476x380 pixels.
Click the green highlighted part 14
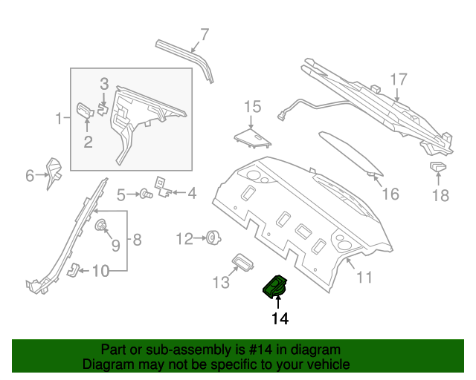coord(274,286)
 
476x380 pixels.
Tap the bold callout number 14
coord(280,319)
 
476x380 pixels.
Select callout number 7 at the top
coord(205,35)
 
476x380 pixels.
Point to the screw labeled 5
coord(146,194)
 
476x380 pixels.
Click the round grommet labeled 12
coord(213,237)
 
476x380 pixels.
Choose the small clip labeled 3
coord(103,109)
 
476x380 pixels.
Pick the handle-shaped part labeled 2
coord(85,110)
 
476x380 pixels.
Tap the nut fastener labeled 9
coord(100,225)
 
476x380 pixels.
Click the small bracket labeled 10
coord(73,269)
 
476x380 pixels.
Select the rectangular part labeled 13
coord(242,261)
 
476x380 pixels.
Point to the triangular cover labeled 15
coord(252,139)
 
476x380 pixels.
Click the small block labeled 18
coord(438,167)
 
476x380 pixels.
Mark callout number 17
coord(399,79)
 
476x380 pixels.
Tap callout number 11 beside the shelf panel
coord(364,277)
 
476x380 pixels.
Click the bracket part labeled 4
coord(164,187)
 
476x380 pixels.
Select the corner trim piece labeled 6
coord(54,174)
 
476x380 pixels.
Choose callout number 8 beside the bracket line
coord(137,240)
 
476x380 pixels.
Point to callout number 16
coord(390,194)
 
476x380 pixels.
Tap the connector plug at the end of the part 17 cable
coord(281,117)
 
